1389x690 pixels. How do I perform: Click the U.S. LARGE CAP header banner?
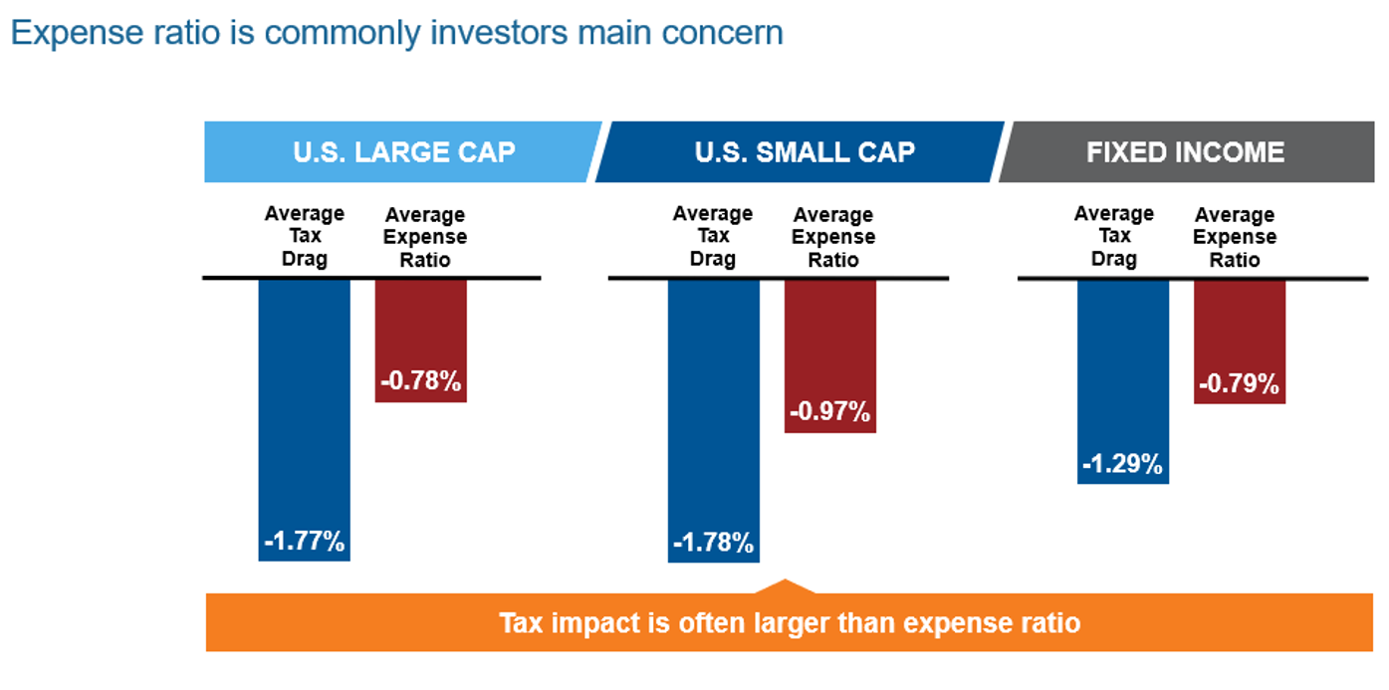(403, 152)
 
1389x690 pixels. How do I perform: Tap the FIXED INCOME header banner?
(1185, 152)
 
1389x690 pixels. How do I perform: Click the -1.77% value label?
(305, 542)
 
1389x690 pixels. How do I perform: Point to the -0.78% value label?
(420, 381)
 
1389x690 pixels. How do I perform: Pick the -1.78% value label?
(713, 544)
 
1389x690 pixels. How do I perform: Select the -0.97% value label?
(829, 411)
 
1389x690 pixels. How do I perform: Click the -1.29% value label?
(1123, 464)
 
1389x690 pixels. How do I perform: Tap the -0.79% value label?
(1239, 383)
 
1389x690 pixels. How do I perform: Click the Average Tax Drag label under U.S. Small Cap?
(713, 237)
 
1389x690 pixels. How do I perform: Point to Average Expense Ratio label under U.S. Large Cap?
(425, 237)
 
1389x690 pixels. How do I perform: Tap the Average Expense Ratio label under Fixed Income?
(1235, 237)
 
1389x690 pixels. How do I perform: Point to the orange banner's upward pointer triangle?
(786, 587)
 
